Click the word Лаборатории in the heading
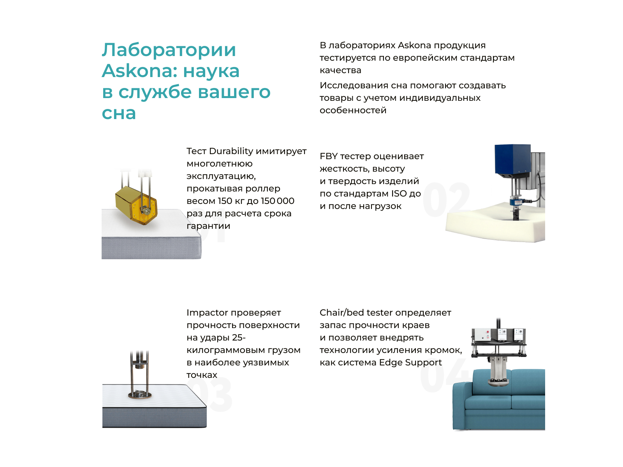tap(169, 50)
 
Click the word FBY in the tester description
tap(329, 156)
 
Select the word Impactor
tap(207, 313)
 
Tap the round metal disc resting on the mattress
tap(139, 395)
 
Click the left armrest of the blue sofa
tap(462, 405)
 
